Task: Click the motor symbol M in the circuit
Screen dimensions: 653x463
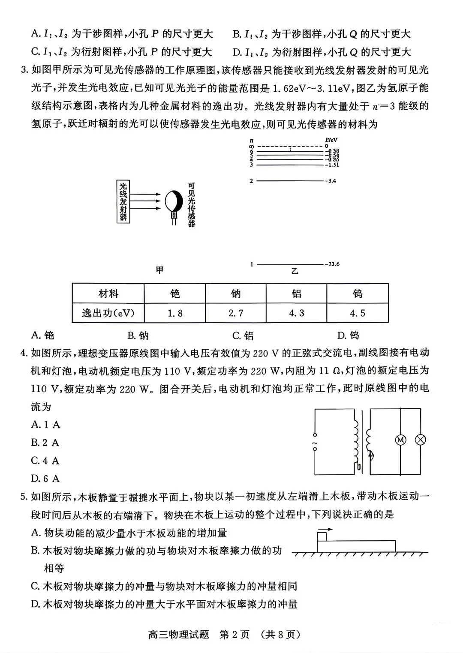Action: coord(400,440)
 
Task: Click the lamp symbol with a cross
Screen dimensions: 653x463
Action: coord(421,440)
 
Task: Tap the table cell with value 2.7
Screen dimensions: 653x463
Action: coord(236,313)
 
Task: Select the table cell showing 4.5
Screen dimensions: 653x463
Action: coord(358,313)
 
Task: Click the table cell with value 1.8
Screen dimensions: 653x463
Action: coord(175,313)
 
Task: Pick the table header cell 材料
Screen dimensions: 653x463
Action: coord(108,294)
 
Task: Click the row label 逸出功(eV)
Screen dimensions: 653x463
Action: coord(108,313)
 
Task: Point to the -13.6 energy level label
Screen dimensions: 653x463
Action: coord(332,264)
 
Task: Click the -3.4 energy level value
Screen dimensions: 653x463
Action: coord(331,181)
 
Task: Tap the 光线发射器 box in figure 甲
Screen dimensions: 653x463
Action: coord(123,201)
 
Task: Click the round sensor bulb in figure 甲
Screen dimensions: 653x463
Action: coord(174,201)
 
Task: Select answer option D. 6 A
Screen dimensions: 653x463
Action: coord(45,479)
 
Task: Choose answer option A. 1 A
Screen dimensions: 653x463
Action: coord(45,425)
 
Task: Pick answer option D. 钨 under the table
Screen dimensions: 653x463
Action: coord(348,335)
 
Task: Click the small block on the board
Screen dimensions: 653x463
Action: coord(322,536)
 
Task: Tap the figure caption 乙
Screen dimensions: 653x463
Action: coord(295,271)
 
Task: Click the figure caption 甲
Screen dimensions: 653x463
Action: coord(159,270)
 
